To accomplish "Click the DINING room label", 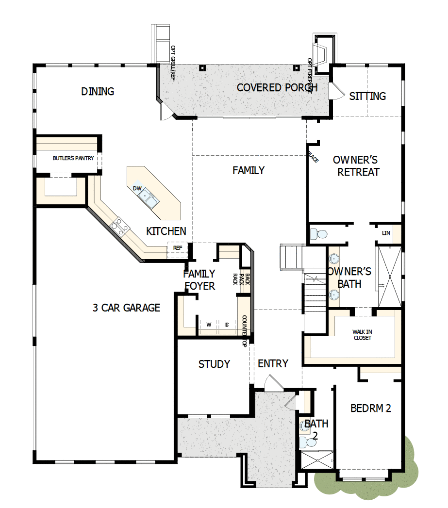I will click(98, 91).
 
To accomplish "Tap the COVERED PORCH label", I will click(277, 88).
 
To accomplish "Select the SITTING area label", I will click(367, 96).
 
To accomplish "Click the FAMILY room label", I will click(248, 170).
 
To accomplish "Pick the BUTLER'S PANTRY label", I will click(73, 158).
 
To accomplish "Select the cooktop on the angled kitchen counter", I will click(120, 227).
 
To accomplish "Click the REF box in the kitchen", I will click(178, 248).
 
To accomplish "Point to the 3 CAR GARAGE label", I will click(126, 308).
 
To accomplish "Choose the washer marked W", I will click(209, 325).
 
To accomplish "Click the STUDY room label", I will click(214, 364).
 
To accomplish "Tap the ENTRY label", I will click(273, 363).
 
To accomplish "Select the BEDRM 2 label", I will click(371, 409).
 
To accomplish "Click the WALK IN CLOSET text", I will click(362, 335).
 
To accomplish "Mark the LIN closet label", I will click(386, 233).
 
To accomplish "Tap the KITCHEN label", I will click(166, 231).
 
